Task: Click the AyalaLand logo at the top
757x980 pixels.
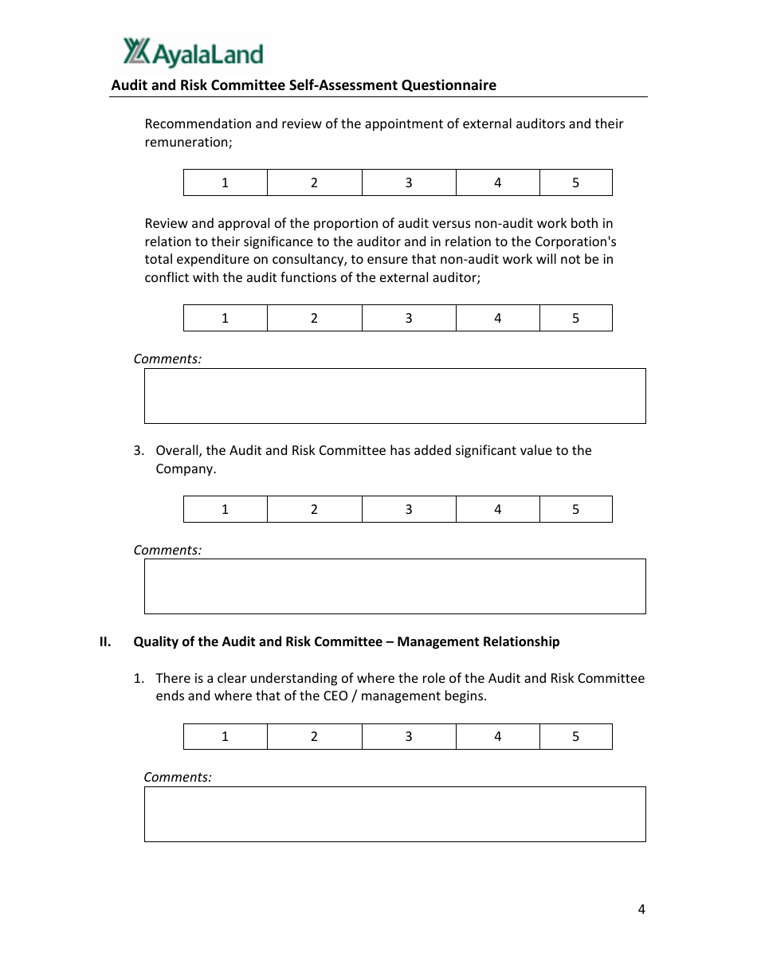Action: coord(193,53)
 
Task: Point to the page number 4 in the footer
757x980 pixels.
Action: coord(641,909)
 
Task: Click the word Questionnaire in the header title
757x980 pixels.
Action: coord(449,85)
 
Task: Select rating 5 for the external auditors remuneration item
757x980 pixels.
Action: coord(575,182)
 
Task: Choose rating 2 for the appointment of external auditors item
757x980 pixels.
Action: coord(314,182)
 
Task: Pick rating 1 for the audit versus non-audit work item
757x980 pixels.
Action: coord(225,318)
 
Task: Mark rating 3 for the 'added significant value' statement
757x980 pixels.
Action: coord(409,509)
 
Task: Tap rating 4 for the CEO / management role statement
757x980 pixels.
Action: coord(497,736)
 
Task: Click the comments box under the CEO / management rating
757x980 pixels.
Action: coord(394,814)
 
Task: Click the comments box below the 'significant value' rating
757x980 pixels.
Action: coord(394,586)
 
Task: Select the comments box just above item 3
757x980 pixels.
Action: coord(394,396)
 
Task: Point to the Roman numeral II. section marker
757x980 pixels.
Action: coord(105,641)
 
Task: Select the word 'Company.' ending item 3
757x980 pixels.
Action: coord(186,468)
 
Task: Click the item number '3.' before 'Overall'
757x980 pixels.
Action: coord(139,451)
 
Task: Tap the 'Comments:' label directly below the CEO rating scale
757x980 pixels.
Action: coord(178,777)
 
